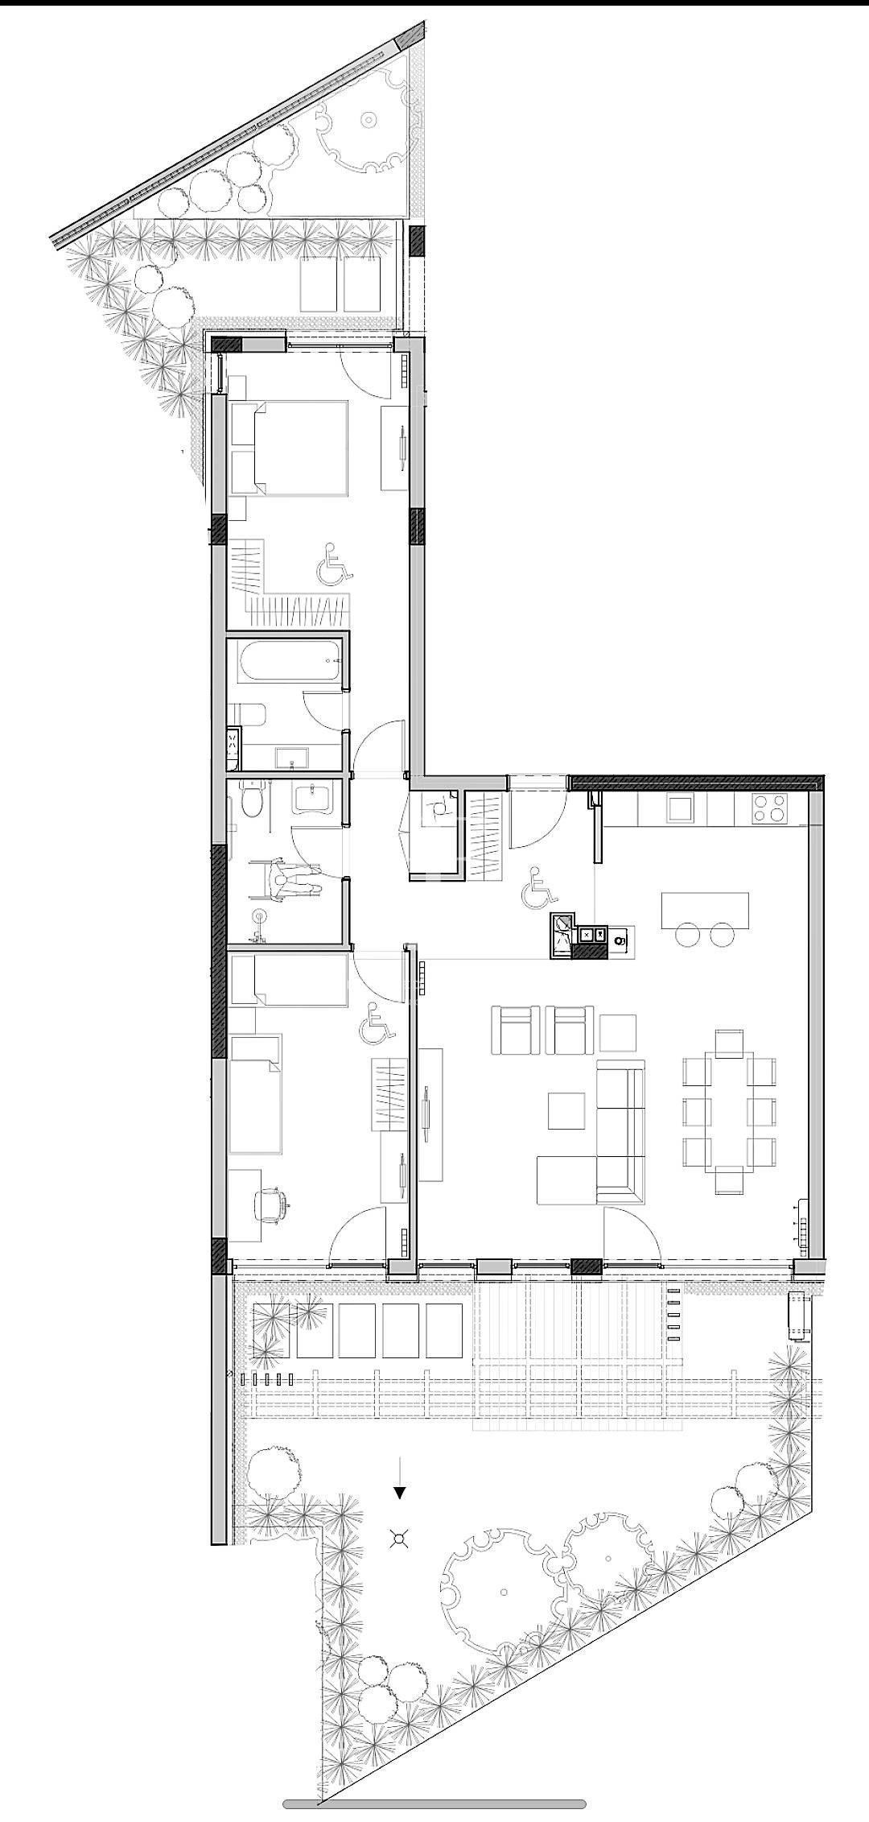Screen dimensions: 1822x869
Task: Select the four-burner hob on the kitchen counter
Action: pyautogui.click(x=770, y=808)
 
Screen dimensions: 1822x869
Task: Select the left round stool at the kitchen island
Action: pyautogui.click(x=688, y=934)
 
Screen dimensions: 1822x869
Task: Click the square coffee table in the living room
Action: pyautogui.click(x=567, y=1109)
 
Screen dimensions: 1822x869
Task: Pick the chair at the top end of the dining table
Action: pyautogui.click(x=729, y=1043)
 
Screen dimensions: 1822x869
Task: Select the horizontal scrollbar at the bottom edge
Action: pyautogui.click(x=434, y=1803)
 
